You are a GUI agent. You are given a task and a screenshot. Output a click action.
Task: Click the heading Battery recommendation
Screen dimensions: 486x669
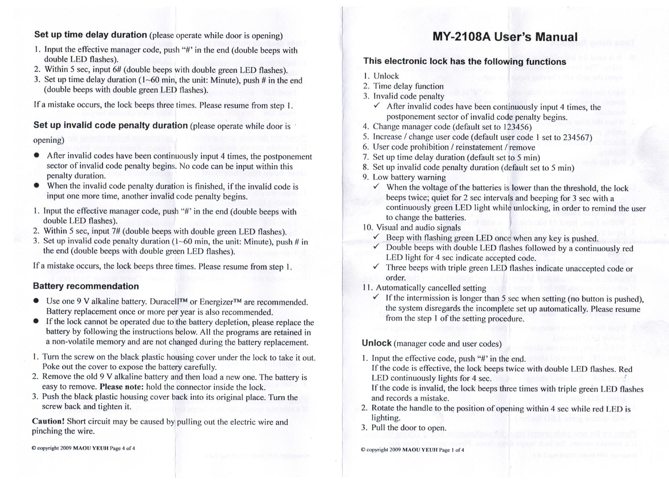point(86,286)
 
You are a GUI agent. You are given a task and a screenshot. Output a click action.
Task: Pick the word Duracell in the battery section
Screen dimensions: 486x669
point(165,302)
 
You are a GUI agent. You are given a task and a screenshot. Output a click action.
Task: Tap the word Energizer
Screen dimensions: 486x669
point(217,302)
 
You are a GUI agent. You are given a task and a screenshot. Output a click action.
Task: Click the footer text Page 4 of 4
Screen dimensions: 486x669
point(122,449)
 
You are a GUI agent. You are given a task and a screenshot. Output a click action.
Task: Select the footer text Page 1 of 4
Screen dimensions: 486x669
point(451,450)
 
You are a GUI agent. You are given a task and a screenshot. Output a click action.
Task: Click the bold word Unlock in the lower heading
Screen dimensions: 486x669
point(377,343)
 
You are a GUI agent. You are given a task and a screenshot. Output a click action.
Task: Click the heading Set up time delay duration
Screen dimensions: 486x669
point(90,35)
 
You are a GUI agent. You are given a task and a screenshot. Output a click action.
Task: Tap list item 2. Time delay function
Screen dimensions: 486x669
point(408,86)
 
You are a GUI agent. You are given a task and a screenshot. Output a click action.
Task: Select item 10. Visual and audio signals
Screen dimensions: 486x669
point(412,228)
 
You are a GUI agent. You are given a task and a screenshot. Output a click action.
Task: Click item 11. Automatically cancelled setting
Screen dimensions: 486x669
point(425,288)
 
